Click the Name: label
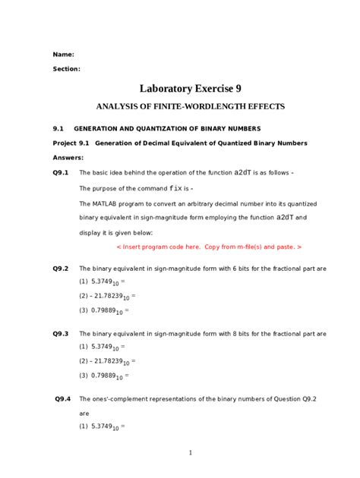tap(63, 55)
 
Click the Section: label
tap(66, 69)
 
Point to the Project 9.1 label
tap(71, 143)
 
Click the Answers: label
tap(68, 158)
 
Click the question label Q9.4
tap(63, 398)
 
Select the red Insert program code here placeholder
tap(209, 247)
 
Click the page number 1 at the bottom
tap(191, 453)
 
